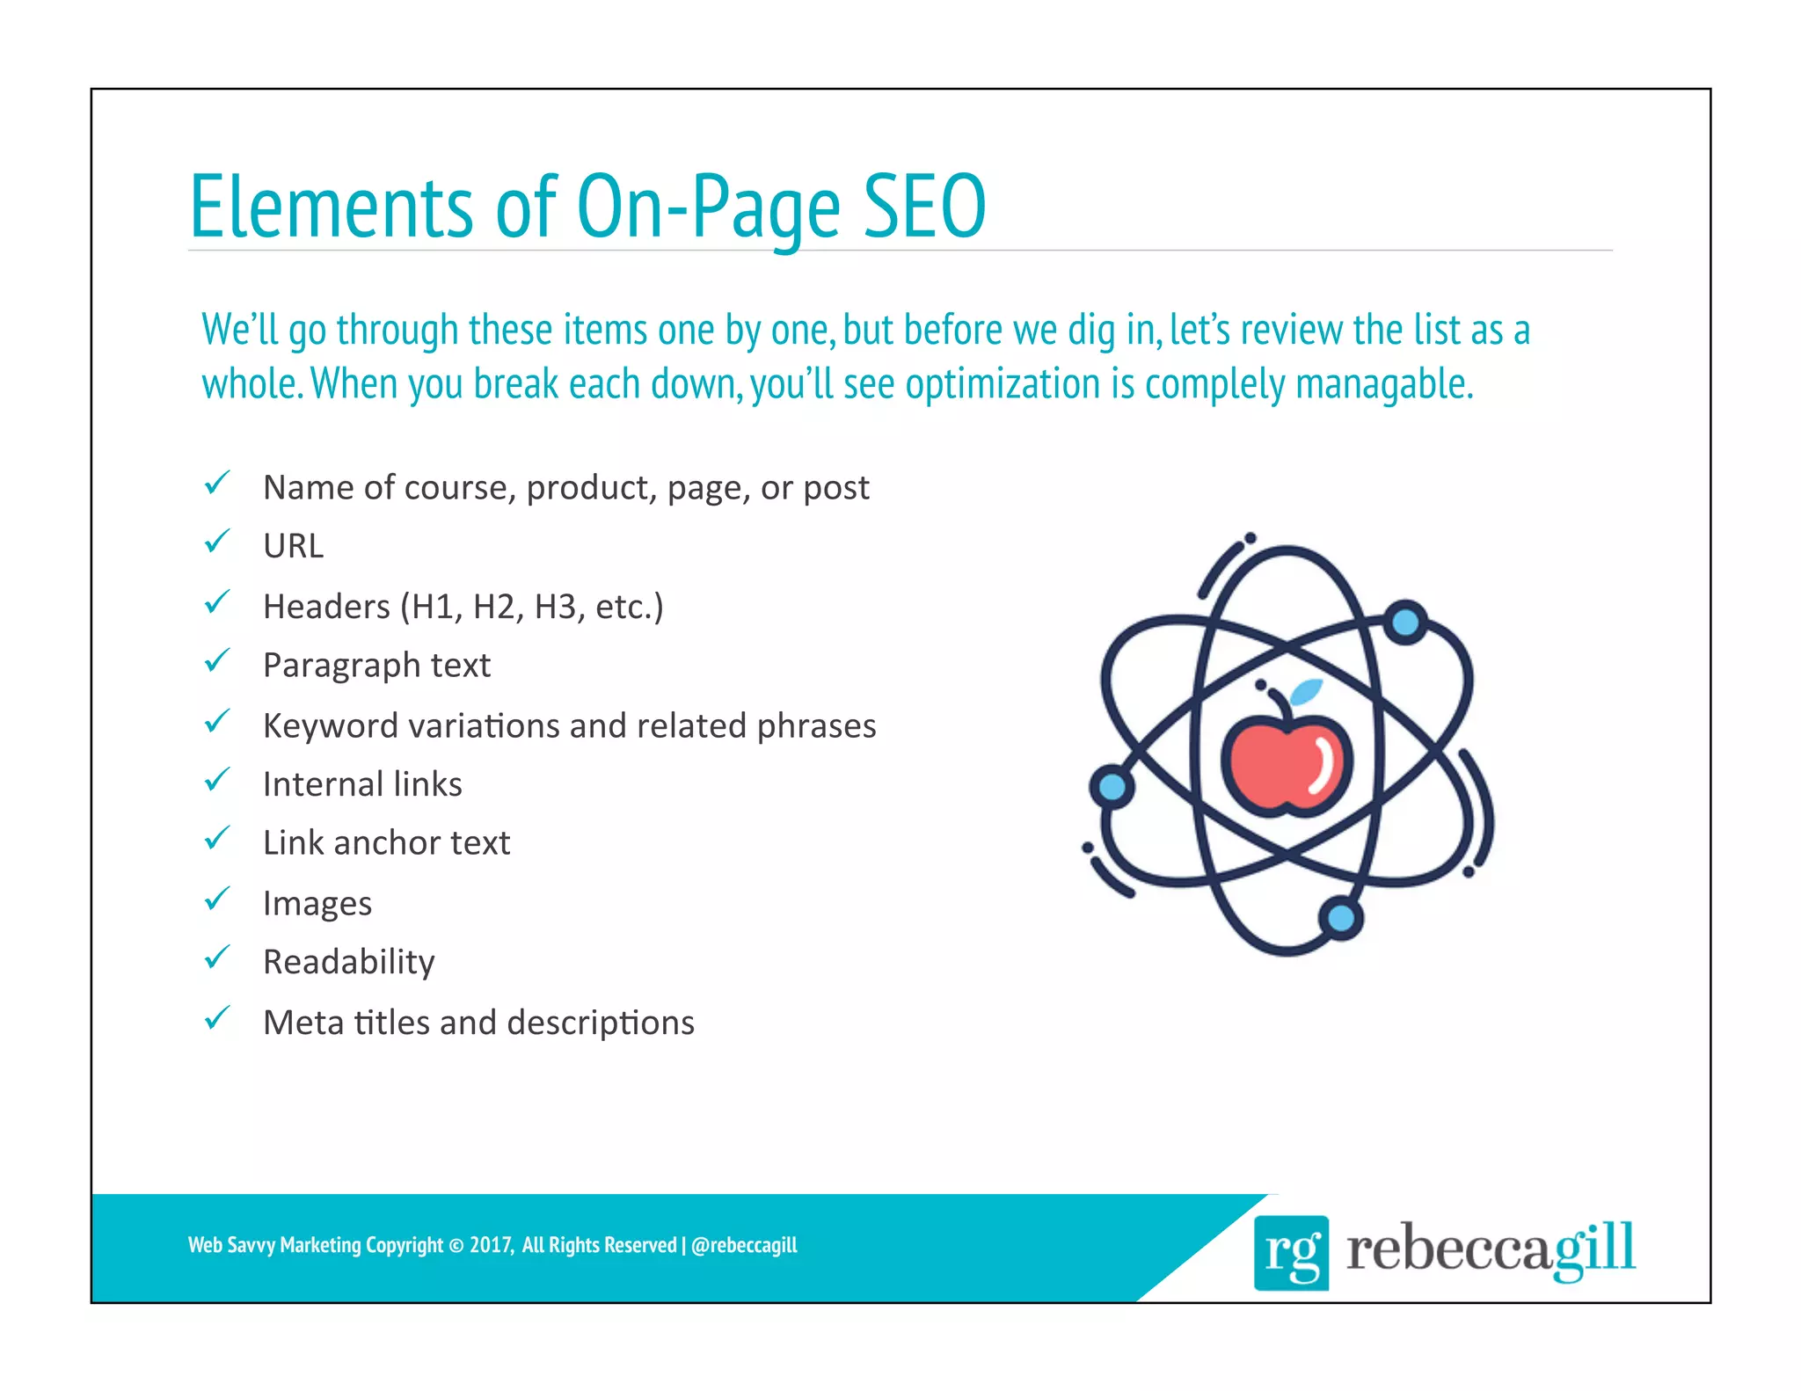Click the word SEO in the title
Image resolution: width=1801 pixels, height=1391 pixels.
pos(923,207)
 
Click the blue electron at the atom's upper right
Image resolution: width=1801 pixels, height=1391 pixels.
pos(1405,623)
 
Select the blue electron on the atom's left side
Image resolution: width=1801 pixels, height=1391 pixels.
pos(1112,786)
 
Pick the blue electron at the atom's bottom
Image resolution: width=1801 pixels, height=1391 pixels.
pos(1340,919)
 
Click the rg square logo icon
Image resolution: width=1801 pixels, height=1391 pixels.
pos(1291,1252)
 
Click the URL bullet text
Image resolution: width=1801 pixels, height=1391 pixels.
pos(294,546)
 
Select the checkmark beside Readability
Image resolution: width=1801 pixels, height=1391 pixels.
pos(216,958)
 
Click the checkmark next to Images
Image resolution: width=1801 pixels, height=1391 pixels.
pos(216,899)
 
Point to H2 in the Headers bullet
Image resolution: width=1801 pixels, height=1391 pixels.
pos(494,607)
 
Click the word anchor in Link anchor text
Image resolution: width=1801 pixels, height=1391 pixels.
pos(386,842)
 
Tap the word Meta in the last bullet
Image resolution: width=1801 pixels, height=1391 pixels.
pos(303,1023)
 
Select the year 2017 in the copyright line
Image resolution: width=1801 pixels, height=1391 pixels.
pos(490,1245)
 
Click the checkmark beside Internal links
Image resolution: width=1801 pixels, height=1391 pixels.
pos(216,780)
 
